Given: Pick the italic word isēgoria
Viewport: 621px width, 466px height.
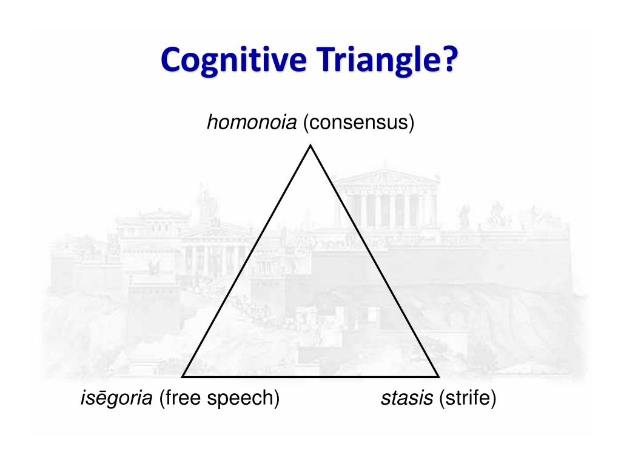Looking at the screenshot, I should point(116,399).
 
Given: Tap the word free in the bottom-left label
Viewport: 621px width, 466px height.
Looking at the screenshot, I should point(184,399).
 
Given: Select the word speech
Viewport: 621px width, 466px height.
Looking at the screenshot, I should point(243,400).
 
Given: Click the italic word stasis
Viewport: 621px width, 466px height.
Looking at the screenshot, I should point(407,399).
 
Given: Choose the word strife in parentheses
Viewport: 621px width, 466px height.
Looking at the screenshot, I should point(468,399).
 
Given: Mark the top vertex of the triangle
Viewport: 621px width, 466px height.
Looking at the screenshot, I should point(310,146).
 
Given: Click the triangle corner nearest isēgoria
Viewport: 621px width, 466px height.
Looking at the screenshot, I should point(183,376).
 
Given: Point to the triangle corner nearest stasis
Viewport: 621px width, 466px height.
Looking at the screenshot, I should point(438,376).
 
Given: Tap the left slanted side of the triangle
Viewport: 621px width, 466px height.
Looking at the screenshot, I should point(247,261).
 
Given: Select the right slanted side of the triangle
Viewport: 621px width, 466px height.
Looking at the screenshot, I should point(374,261).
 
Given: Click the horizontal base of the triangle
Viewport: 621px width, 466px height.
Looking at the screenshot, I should point(310,376).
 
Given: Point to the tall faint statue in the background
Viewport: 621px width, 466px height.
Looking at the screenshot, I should point(204,203).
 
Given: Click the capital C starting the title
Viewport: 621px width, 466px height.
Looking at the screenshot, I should point(172,61).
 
